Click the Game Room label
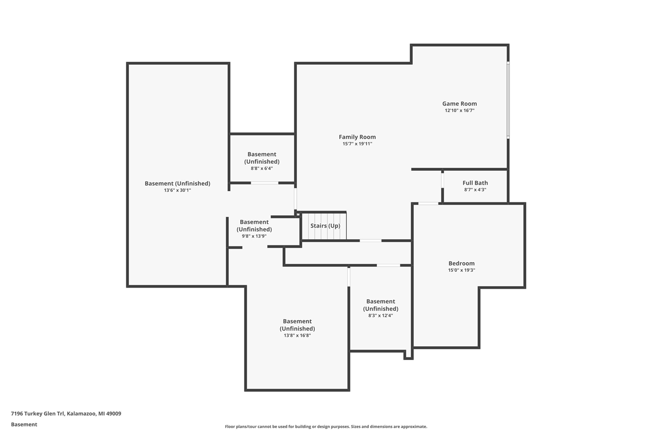[459, 104]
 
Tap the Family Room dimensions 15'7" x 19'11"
[357, 144]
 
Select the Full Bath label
[475, 183]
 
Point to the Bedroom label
[461, 263]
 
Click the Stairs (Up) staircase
[324, 226]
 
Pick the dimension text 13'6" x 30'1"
[177, 190]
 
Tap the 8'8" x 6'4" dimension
[262, 168]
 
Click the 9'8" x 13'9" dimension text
[254, 236]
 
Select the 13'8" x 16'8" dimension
[297, 336]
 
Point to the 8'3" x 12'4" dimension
[381, 316]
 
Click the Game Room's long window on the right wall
[508, 100]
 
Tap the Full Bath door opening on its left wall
[443, 181]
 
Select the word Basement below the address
[24, 424]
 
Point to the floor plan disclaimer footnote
[326, 426]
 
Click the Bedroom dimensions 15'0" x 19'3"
[461, 270]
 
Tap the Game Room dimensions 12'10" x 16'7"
[459, 111]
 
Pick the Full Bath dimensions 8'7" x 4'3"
[475, 190]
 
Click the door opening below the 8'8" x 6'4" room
[264, 183]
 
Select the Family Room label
[357, 137]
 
